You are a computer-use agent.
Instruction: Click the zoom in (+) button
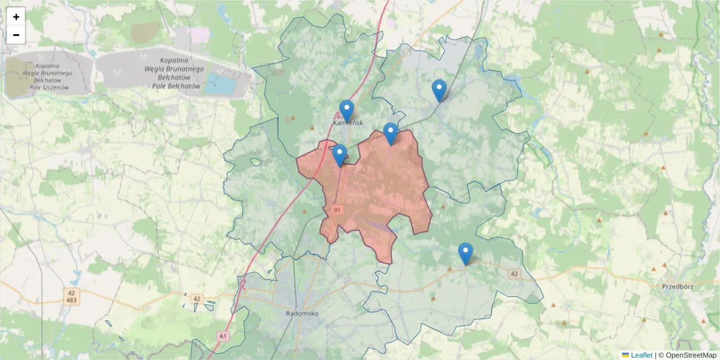point(16,17)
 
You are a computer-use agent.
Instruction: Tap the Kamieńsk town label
point(347,122)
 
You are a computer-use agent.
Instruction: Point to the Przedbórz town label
point(677,287)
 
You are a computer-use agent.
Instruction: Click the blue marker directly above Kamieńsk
point(347,110)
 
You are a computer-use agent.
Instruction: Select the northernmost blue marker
point(439,90)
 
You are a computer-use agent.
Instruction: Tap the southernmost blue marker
point(465,253)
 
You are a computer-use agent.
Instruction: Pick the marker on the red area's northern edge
point(391,133)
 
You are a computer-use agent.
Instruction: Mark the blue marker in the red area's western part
point(340,155)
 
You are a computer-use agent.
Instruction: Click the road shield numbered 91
point(337,210)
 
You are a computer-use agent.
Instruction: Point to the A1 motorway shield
point(223,337)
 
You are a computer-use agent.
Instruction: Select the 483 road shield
point(71,299)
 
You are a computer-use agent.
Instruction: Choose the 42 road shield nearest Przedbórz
point(514,274)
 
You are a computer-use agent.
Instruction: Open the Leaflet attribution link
point(641,355)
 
